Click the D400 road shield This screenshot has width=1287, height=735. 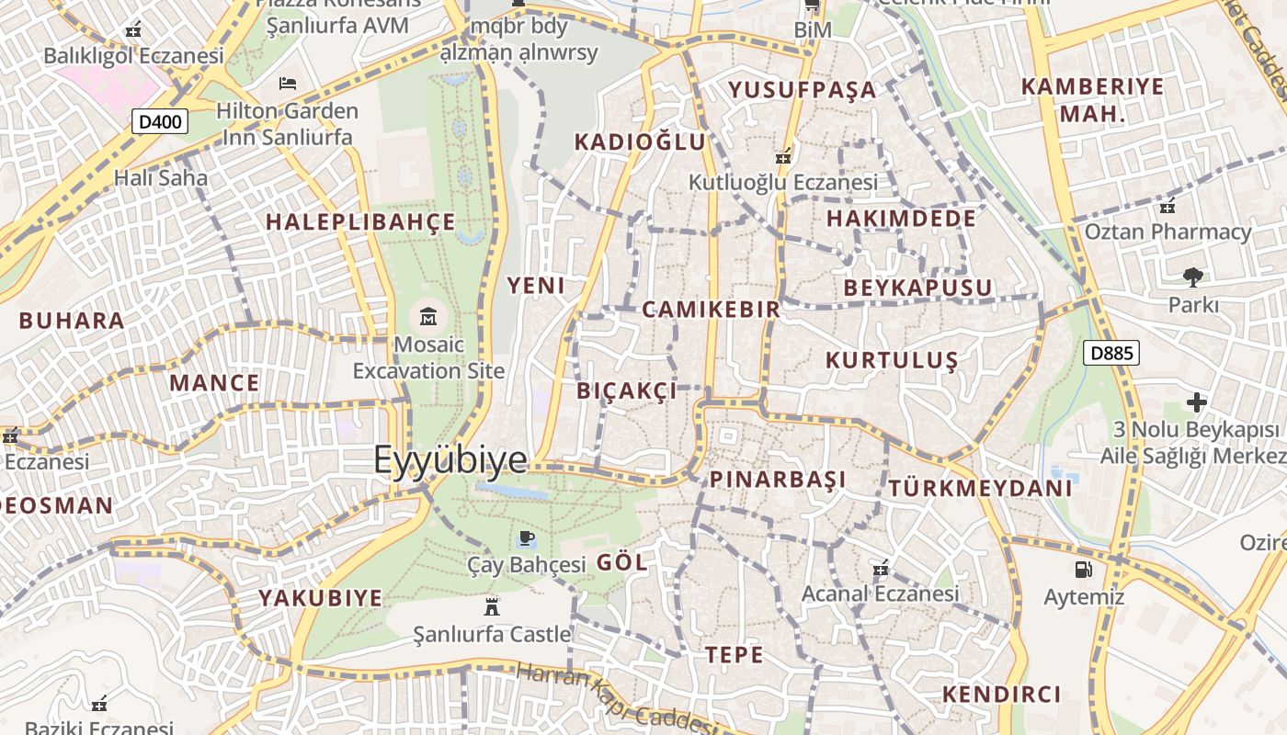click(160, 121)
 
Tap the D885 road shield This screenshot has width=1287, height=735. click(1110, 353)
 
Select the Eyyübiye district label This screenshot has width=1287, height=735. click(450, 459)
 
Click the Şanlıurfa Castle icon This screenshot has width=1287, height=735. click(492, 606)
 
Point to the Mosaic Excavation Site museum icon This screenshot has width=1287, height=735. click(428, 318)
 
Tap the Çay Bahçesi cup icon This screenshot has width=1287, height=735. click(526, 537)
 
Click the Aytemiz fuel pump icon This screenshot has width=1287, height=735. click(1084, 570)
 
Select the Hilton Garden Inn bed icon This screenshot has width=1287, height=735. click(288, 84)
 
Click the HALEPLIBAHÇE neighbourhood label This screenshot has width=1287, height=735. click(360, 222)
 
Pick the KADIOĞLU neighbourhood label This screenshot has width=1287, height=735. click(640, 141)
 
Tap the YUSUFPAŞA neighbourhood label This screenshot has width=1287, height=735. click(803, 90)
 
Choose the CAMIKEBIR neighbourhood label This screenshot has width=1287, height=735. click(711, 310)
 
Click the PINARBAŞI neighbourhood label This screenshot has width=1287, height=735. click(778, 480)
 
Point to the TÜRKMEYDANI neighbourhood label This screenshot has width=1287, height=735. click(980, 488)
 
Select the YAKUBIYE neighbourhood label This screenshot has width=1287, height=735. click(320, 598)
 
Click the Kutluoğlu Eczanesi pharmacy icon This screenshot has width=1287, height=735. click(783, 156)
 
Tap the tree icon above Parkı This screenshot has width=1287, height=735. click(1192, 277)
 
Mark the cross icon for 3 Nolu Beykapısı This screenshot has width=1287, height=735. click(1196, 402)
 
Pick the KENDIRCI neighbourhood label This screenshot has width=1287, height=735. click(1002, 695)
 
